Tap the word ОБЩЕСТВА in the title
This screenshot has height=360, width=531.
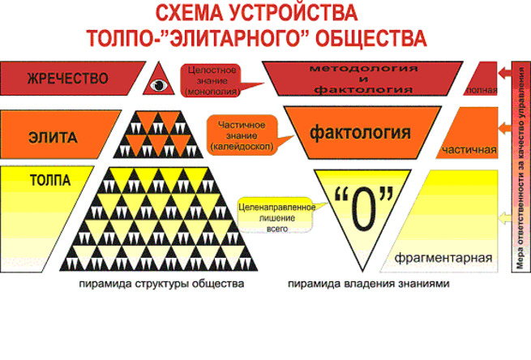[x=371, y=37]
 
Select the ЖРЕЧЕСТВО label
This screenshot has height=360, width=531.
[x=68, y=79]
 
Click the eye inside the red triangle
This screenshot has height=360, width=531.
[x=159, y=84]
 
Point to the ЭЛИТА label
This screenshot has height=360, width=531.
[x=53, y=138]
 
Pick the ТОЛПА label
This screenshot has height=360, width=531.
[x=50, y=180]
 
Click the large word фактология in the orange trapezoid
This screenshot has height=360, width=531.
[x=360, y=132]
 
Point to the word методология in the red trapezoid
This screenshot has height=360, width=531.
[x=363, y=68]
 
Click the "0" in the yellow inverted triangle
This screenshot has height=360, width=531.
[x=364, y=208]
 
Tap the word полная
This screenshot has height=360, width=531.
[x=482, y=90]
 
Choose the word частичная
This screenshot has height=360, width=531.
[x=469, y=150]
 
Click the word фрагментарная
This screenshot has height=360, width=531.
[x=443, y=258]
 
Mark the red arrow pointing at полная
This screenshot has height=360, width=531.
[x=504, y=73]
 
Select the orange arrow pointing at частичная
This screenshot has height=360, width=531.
[x=504, y=128]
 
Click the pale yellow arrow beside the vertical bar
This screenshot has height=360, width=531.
[x=505, y=218]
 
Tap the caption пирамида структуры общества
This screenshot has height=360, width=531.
[x=161, y=284]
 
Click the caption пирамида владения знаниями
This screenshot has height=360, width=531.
[x=368, y=284]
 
